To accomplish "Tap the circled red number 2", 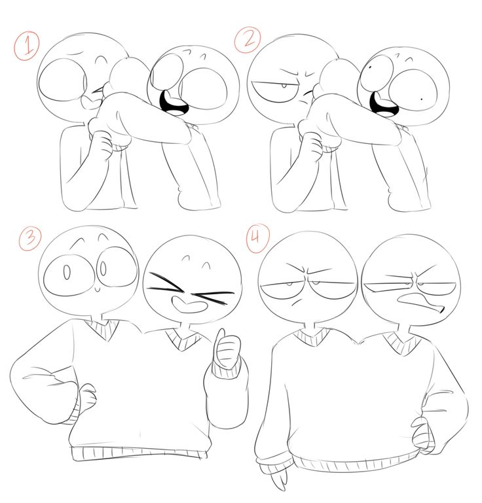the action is click(248, 39).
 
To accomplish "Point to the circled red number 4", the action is click(257, 238).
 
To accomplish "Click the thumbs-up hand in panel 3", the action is click(227, 349).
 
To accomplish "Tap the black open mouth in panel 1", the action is click(174, 103).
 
